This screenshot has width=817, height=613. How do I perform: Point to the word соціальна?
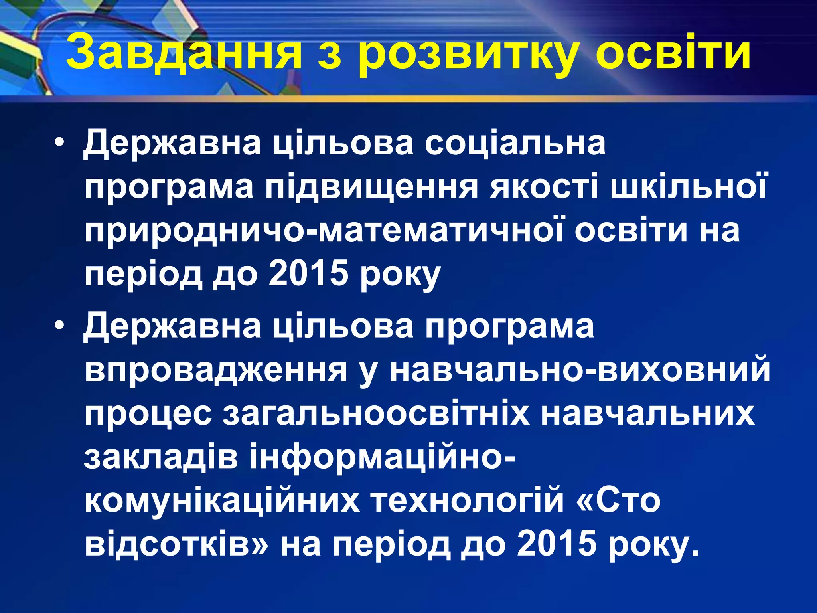[515, 143]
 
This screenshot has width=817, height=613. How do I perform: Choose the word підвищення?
[371, 188]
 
